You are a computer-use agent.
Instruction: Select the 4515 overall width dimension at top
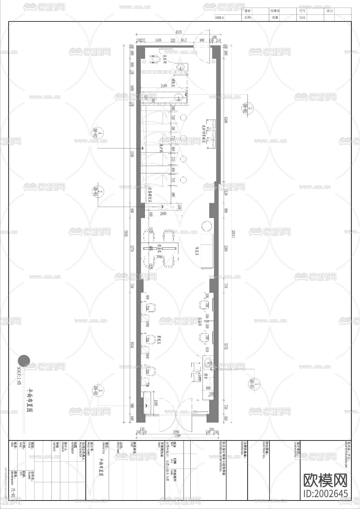pos(178,32)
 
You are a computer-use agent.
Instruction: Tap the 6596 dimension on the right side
pos(226,120)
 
